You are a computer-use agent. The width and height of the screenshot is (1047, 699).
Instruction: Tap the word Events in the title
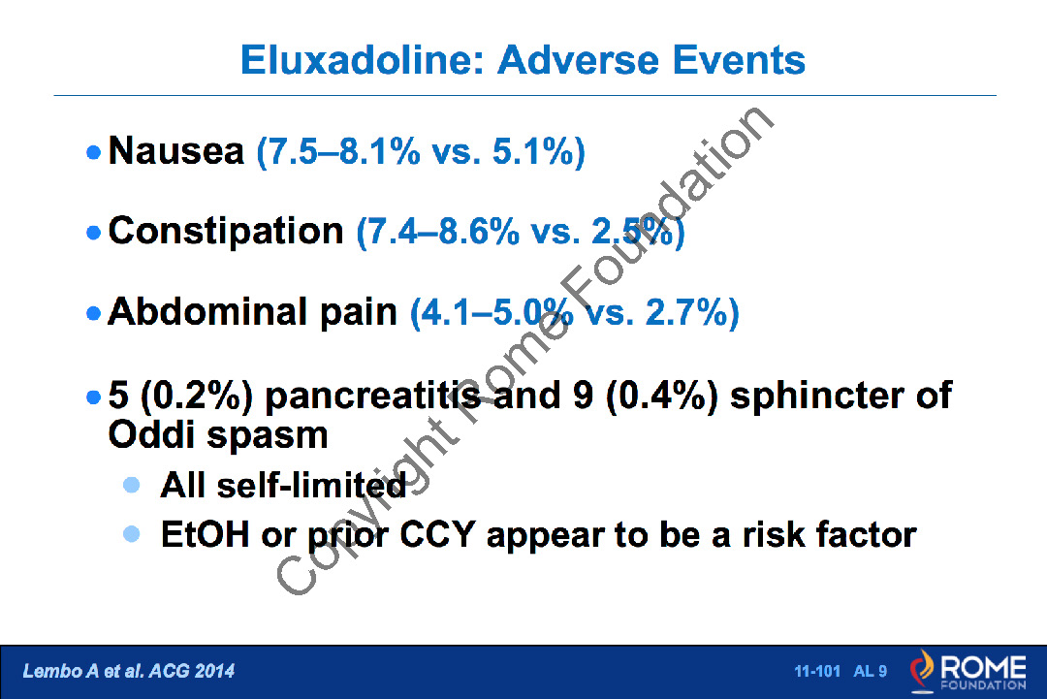(739, 60)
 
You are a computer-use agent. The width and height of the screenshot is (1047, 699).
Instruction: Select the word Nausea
(176, 150)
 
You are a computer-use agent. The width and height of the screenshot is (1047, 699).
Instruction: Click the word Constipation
(226, 231)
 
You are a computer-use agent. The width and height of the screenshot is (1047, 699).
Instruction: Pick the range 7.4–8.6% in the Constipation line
(438, 232)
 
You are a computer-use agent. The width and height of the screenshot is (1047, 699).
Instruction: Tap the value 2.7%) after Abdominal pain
(692, 312)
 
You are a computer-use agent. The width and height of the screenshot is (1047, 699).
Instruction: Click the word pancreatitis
(372, 396)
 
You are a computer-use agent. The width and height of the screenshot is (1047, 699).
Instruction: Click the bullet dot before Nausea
(93, 152)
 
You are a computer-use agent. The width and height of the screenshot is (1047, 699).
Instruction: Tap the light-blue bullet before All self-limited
(132, 485)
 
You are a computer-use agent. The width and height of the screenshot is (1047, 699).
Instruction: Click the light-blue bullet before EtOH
(132, 534)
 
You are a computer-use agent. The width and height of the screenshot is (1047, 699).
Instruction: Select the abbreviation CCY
(437, 535)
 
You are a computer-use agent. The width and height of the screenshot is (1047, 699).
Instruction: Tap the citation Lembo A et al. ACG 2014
(129, 671)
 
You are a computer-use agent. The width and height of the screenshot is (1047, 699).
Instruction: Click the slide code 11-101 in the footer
(817, 671)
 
